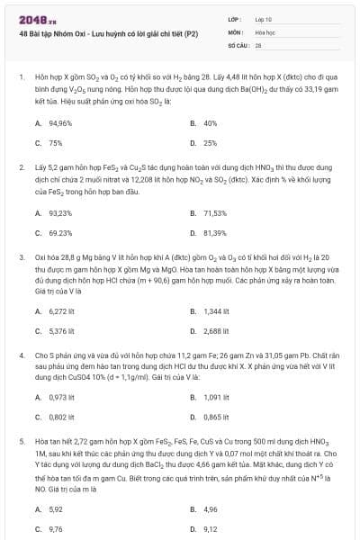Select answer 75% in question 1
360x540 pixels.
click(55, 142)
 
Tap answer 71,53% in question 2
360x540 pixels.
click(215, 213)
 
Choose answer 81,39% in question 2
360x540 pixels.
click(215, 233)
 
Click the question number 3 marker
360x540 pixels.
click(21, 256)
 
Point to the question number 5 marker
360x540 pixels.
click(21, 442)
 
